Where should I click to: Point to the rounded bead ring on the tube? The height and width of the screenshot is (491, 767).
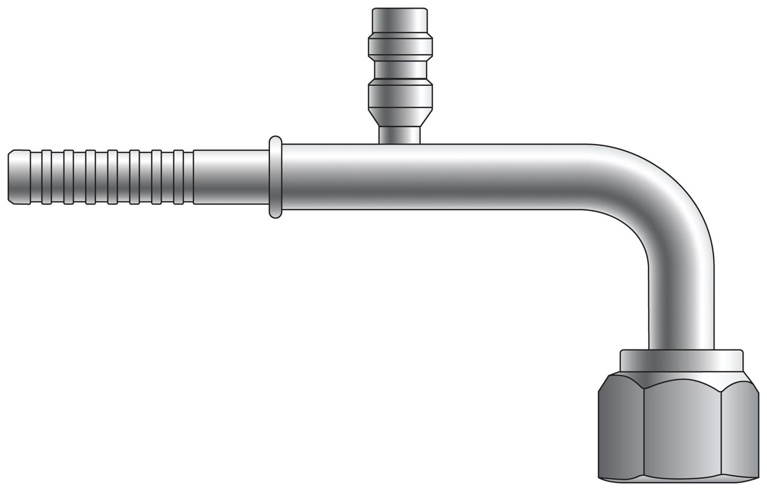tap(275, 177)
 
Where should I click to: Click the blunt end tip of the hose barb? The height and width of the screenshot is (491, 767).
tap(13, 177)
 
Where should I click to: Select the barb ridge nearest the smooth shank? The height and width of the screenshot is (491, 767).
tap(179, 177)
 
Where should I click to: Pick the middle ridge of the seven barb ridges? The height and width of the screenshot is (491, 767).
tap(113, 177)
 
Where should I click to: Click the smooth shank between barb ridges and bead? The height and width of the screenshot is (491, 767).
tap(231, 177)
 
